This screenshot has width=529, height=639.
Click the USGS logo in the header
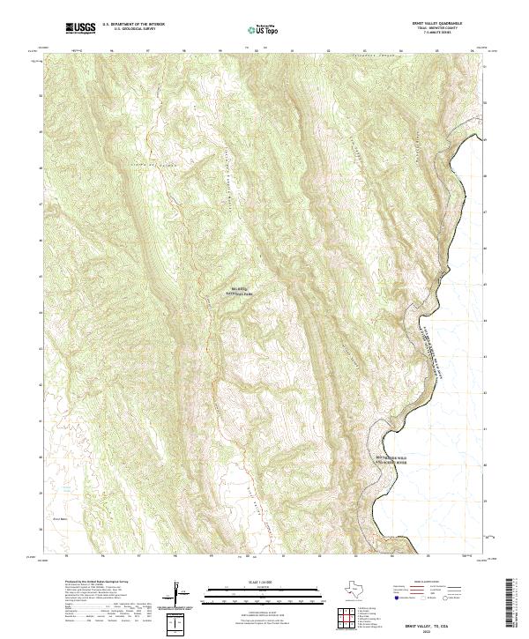(80, 28)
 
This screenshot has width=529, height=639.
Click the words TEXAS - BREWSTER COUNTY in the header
(430, 30)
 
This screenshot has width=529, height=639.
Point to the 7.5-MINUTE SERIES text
(430, 34)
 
